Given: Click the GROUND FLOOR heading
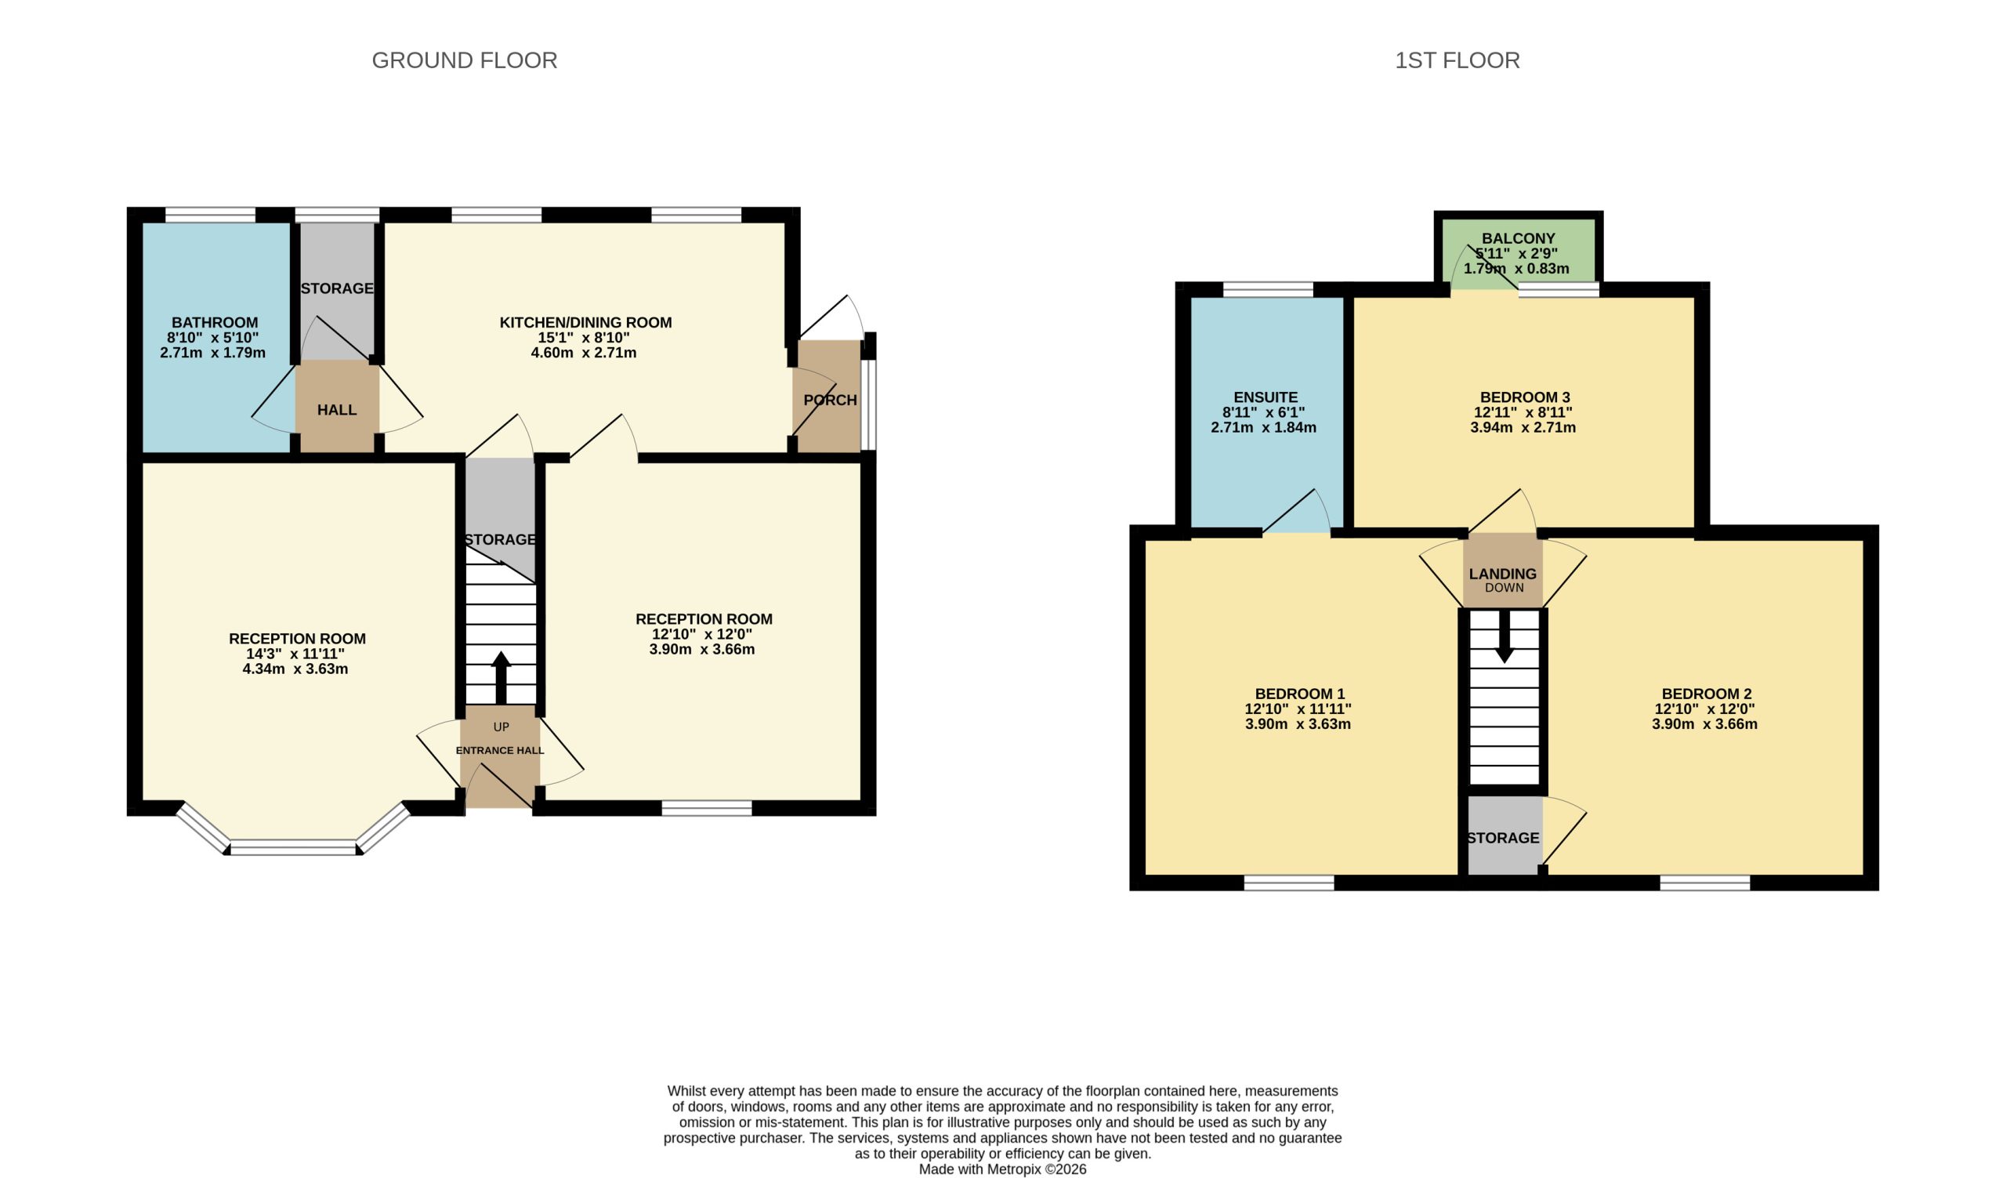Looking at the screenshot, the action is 464,60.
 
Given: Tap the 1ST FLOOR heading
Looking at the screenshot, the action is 1457,60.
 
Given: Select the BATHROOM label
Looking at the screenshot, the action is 215,322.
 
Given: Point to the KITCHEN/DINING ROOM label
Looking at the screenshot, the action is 585,322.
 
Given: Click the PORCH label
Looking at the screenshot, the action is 831,400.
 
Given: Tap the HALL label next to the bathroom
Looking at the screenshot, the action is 337,410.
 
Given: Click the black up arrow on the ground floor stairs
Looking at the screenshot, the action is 501,677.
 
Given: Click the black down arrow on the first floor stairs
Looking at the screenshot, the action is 1504,636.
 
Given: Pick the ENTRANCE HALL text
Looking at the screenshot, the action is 500,750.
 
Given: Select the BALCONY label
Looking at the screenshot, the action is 1518,238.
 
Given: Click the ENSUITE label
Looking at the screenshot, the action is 1266,397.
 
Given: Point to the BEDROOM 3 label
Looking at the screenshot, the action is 1524,397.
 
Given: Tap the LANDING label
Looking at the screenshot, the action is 1503,574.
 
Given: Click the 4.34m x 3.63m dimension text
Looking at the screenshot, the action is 295,669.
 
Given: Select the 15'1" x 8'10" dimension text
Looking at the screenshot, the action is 584,338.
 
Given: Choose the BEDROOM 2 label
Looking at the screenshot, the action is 1707,694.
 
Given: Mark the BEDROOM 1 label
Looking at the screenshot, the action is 1300,694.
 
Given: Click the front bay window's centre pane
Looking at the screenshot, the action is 293,848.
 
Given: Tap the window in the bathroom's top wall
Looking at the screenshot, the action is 210,215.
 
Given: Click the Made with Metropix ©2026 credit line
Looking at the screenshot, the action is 1002,1169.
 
